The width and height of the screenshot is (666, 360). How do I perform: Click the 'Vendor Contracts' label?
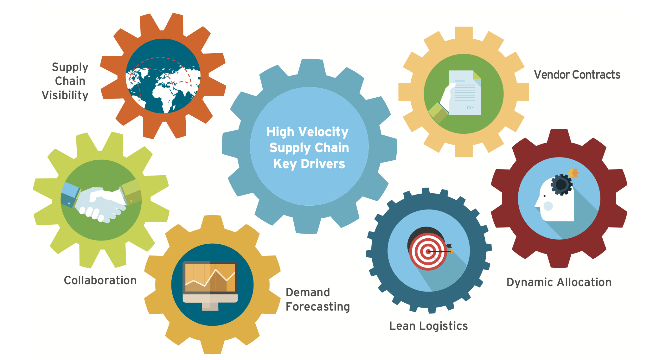click(x=577, y=75)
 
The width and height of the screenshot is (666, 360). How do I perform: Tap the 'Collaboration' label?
click(x=100, y=280)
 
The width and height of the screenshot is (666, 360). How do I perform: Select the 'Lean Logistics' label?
click(x=428, y=326)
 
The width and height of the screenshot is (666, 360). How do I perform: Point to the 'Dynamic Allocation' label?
click(x=559, y=282)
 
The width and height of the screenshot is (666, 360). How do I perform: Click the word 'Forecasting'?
click(x=318, y=307)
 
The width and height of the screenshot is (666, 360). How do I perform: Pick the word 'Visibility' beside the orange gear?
click(x=65, y=95)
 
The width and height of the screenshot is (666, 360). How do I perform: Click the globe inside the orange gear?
click(x=163, y=76)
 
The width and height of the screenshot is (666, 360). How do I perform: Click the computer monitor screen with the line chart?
click(x=210, y=278)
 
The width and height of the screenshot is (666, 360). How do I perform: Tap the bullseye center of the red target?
click(x=428, y=252)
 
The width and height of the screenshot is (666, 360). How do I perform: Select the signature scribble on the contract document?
click(x=471, y=108)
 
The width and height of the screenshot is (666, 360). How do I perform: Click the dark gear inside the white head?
click(x=561, y=184)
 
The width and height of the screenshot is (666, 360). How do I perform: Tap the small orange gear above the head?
click(x=573, y=173)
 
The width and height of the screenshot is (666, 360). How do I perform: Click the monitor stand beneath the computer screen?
click(x=210, y=306)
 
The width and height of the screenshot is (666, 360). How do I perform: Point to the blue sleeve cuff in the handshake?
click(x=70, y=190)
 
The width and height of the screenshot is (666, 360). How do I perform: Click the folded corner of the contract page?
click(x=477, y=75)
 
